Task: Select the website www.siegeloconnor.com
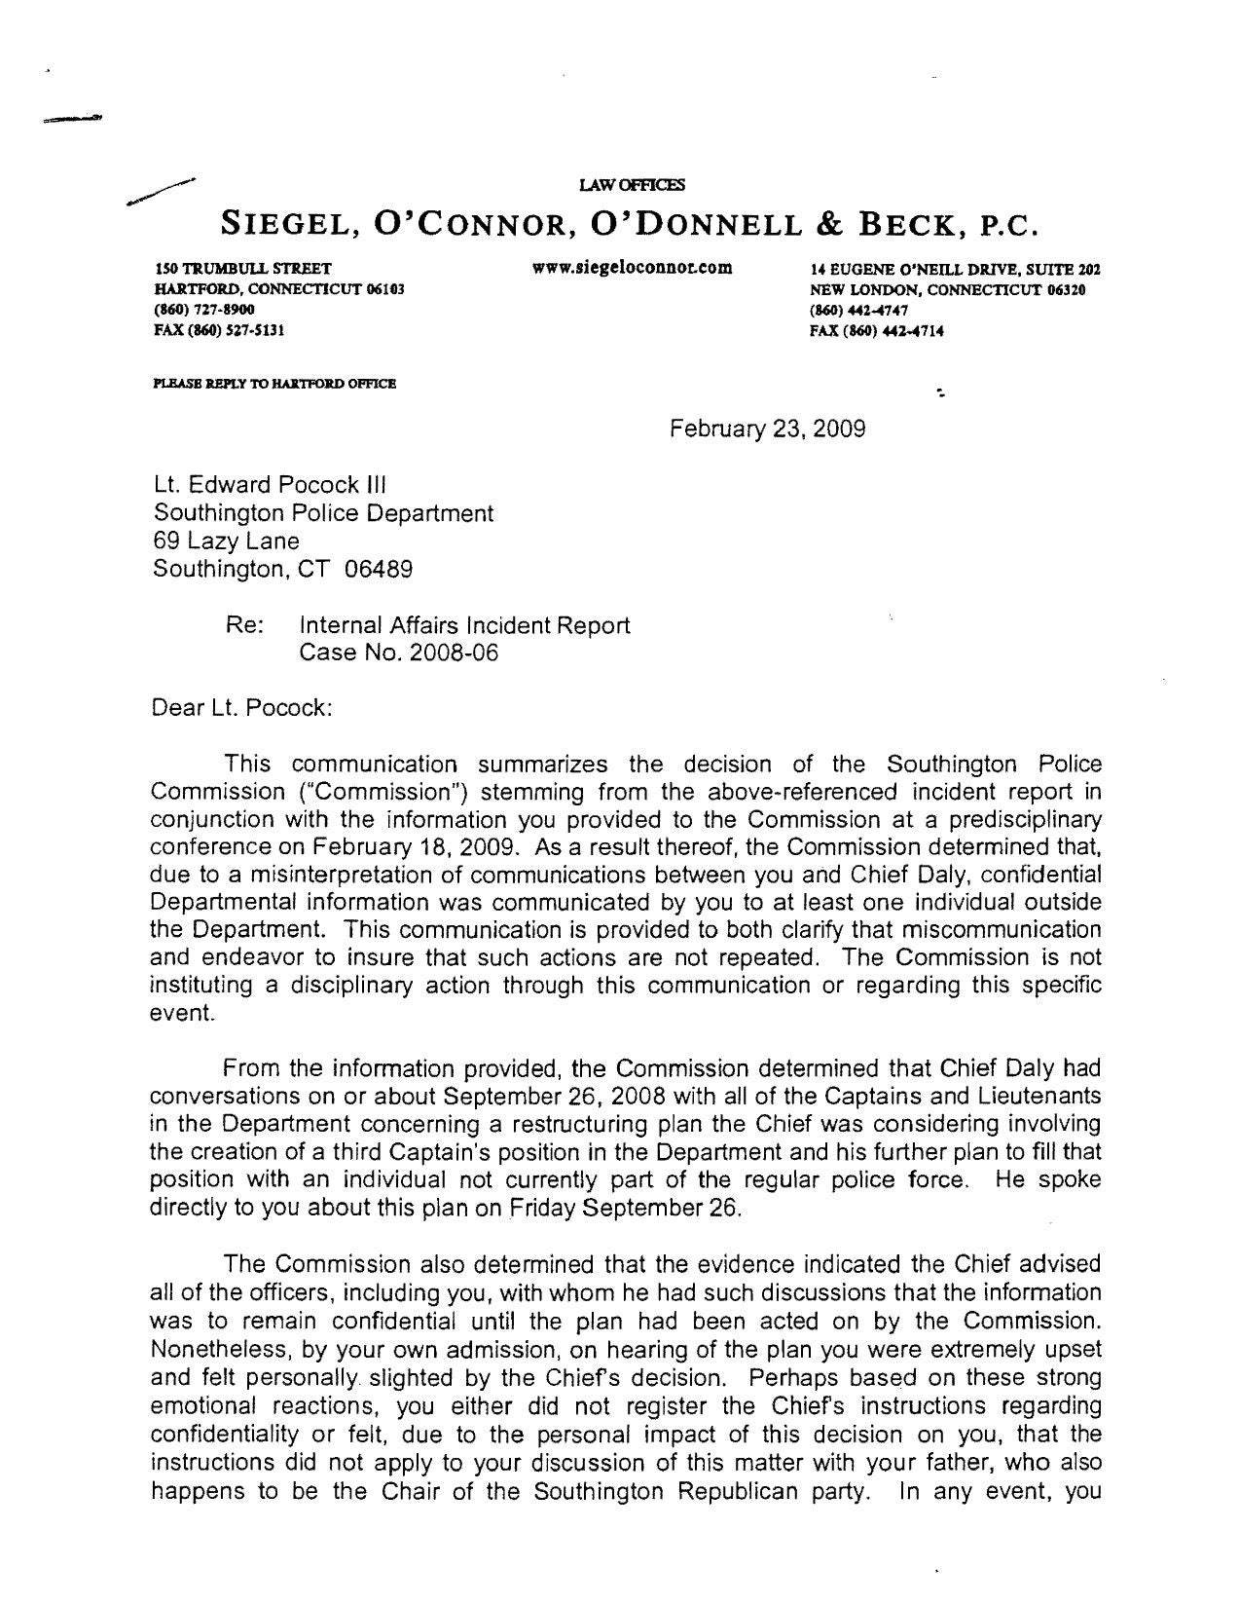coord(632,267)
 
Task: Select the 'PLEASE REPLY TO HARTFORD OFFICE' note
coord(274,384)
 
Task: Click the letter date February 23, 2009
coord(768,429)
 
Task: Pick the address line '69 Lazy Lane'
coord(226,541)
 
